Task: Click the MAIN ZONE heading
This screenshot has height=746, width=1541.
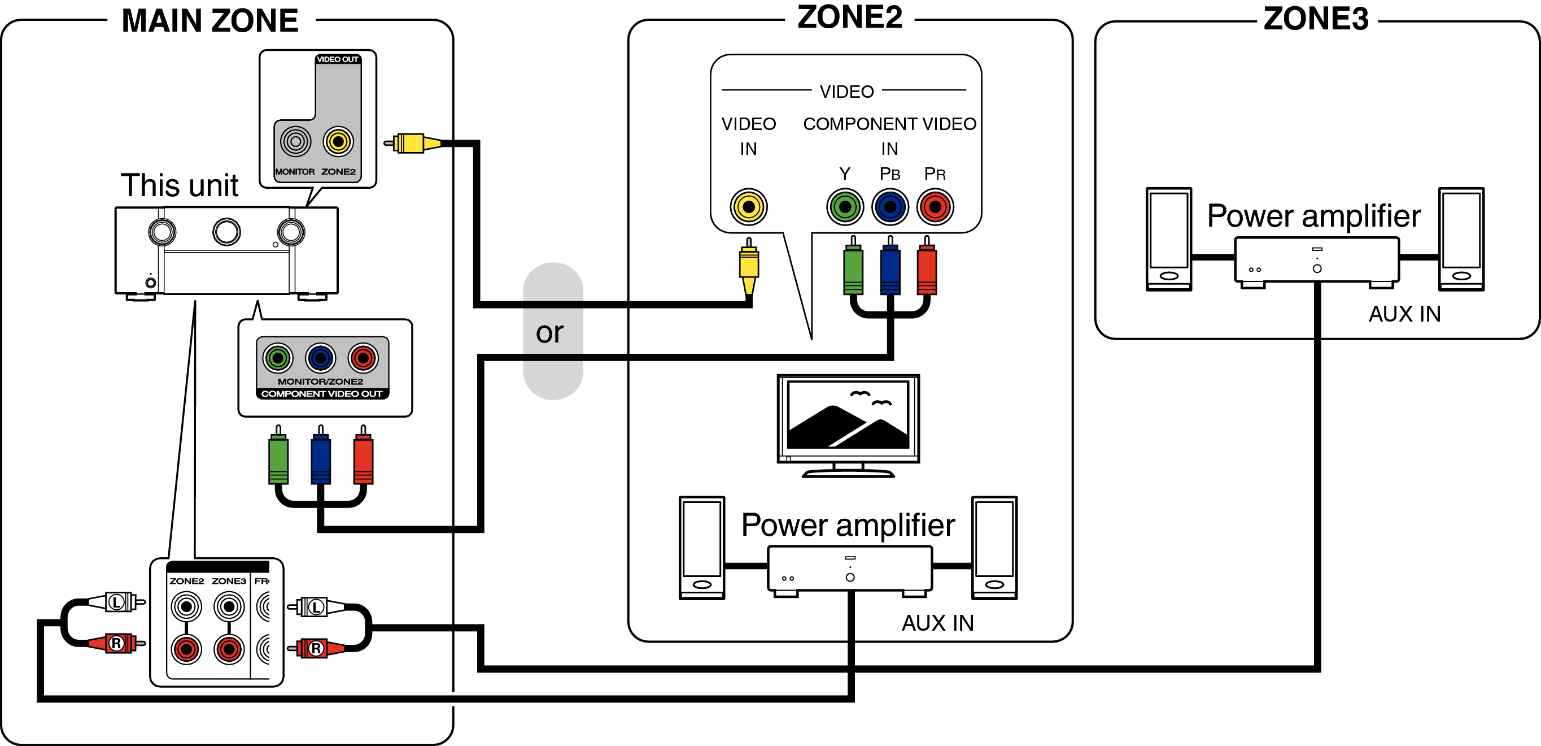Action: click(x=209, y=20)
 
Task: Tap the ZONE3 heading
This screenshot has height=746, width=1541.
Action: click(x=1316, y=19)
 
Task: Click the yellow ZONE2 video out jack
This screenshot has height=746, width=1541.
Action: click(x=338, y=142)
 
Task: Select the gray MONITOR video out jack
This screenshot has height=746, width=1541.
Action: click(x=295, y=142)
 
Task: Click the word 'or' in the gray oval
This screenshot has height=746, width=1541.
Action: click(x=549, y=332)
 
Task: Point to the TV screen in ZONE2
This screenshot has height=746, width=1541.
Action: click(x=848, y=415)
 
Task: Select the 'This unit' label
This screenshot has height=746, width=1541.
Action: click(x=180, y=185)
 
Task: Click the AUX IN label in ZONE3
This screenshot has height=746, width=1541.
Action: click(x=1404, y=314)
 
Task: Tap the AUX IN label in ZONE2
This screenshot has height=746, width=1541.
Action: click(x=937, y=623)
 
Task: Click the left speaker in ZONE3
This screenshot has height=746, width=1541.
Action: click(x=1168, y=240)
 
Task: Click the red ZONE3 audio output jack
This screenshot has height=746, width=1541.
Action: click(x=229, y=648)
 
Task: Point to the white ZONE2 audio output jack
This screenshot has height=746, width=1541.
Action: click(x=186, y=606)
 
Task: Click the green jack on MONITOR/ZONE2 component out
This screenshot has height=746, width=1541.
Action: click(x=278, y=358)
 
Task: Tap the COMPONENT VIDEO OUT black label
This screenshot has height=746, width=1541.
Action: click(x=322, y=394)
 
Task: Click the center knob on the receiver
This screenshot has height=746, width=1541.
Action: click(x=227, y=232)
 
